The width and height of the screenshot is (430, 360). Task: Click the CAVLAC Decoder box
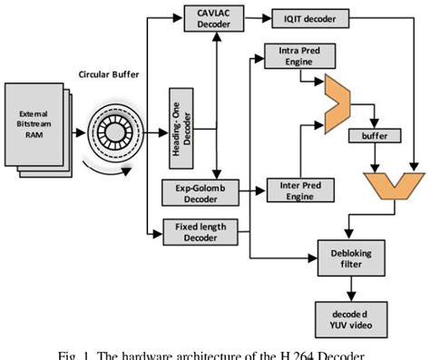click(x=213, y=19)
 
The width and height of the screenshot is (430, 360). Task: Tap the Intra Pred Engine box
click(x=293, y=61)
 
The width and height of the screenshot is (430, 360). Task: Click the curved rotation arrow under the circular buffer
click(x=105, y=170)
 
